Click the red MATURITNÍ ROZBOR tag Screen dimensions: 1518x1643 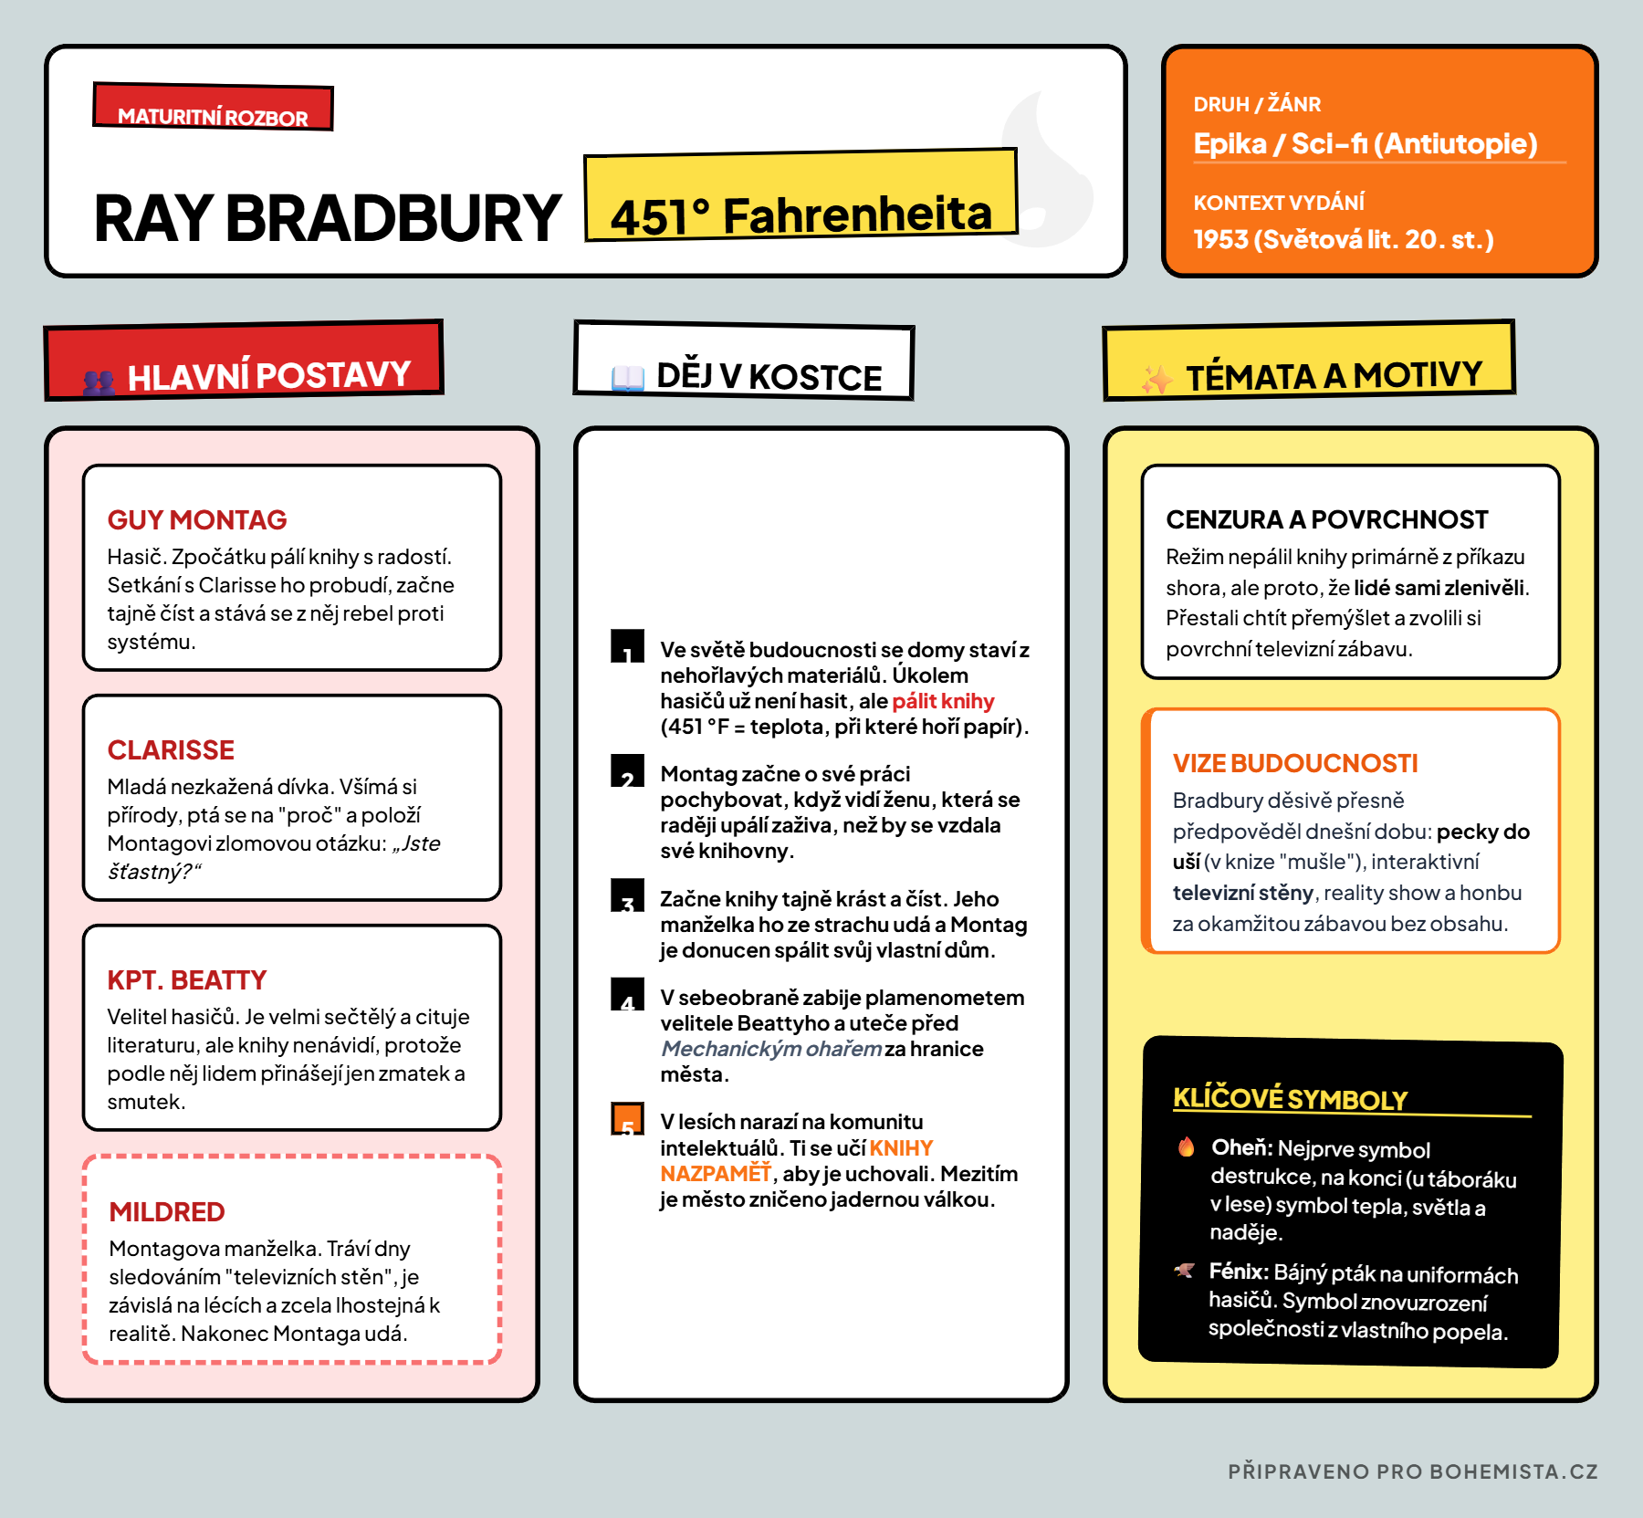[213, 109]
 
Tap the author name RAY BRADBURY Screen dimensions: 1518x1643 [327, 219]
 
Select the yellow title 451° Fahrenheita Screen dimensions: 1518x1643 [801, 215]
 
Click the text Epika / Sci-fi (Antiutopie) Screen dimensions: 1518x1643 [1365, 144]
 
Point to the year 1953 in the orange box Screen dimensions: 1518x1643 [1220, 239]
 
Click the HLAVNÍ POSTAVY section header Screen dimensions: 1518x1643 [268, 375]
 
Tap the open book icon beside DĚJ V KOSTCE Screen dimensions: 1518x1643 [627, 377]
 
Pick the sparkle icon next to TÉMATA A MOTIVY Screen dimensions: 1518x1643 [1156, 379]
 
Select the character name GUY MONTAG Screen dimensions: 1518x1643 [197, 519]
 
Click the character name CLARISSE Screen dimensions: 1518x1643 [171, 749]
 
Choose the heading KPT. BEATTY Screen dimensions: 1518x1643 [187, 979]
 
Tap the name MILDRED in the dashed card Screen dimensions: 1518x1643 [167, 1211]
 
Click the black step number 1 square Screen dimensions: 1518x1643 [627, 646]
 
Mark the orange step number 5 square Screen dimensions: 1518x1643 [627, 1119]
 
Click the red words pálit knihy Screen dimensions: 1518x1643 [942, 701]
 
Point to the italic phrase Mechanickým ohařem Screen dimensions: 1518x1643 [771, 1049]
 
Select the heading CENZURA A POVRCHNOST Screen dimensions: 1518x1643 [1326, 519]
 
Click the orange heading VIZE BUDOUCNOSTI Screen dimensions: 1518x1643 [1294, 763]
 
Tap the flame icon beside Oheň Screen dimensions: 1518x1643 [1186, 1146]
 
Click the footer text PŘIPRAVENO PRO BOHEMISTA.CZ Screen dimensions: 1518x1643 [1412, 1471]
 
